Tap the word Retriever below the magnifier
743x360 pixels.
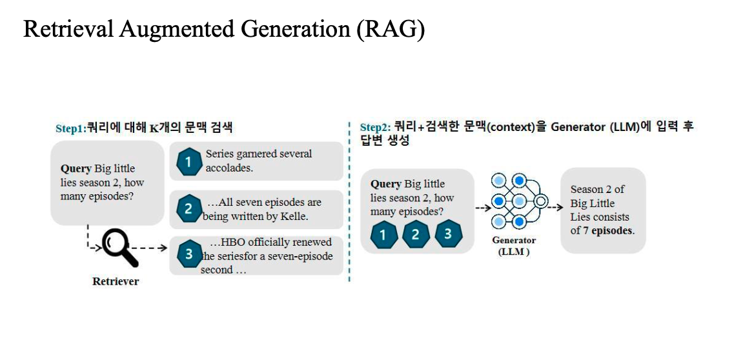tap(116, 281)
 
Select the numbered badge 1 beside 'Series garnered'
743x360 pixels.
tap(188, 161)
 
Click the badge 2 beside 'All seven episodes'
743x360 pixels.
tap(188, 209)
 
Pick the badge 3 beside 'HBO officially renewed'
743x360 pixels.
tap(188, 254)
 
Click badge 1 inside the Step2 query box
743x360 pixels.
tap(383, 235)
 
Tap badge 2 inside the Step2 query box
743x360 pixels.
tap(415, 235)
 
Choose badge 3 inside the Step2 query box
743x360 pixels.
tap(448, 235)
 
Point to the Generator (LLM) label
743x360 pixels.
tap(514, 246)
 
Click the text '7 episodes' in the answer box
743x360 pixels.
tap(609, 230)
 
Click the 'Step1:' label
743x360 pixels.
tap(70, 128)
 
